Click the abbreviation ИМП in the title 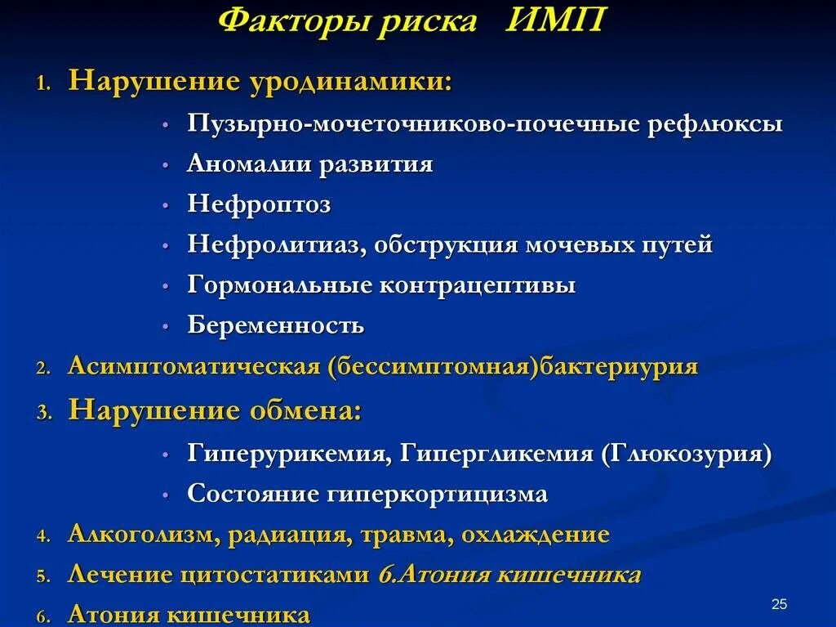pos(554,21)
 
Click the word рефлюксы pos(716,124)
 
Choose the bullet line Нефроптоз pos(259,204)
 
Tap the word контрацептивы pos(477,285)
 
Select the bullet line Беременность pos(276,325)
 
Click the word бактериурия pos(620,365)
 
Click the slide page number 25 pos(778,604)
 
